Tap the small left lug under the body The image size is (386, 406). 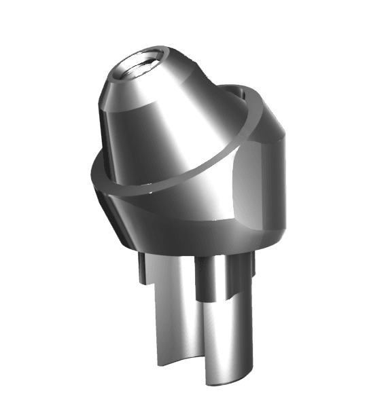coord(140,269)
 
